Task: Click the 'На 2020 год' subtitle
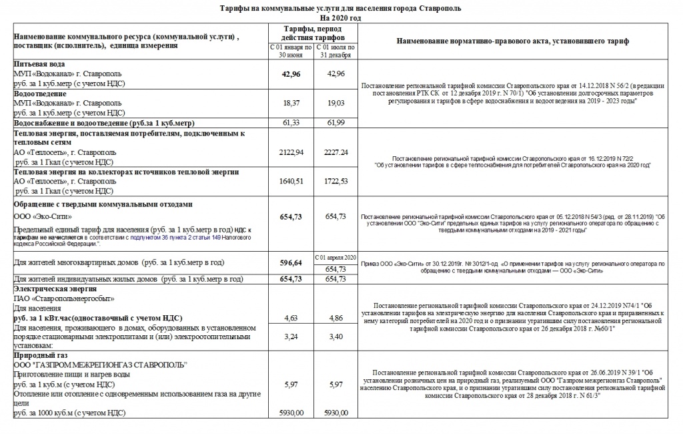click(x=340, y=17)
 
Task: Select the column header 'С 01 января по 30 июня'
click(x=290, y=52)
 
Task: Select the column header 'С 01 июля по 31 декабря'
click(x=335, y=52)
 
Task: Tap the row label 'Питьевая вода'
click(x=39, y=64)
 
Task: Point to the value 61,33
click(x=290, y=124)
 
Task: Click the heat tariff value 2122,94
click(x=290, y=152)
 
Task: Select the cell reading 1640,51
click(x=290, y=181)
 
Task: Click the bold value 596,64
click(x=290, y=263)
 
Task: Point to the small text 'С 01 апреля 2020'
click(x=335, y=257)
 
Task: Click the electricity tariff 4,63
click(x=290, y=318)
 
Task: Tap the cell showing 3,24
click(x=290, y=337)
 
